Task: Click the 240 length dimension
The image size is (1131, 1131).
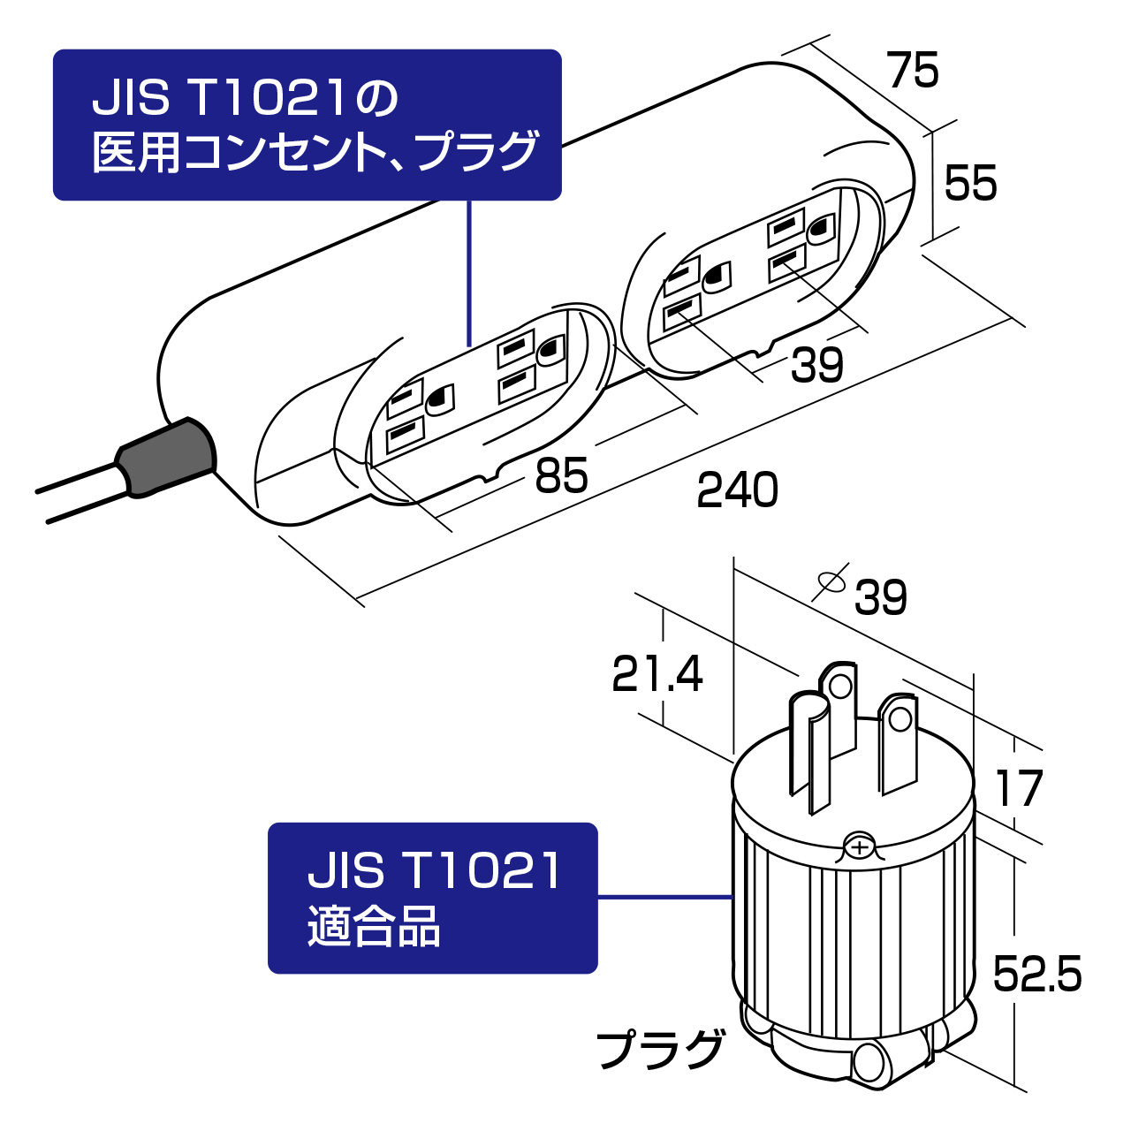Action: click(737, 490)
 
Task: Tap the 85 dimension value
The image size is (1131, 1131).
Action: click(561, 476)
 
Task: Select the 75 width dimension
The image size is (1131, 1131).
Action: click(913, 71)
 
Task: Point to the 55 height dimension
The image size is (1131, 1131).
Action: click(970, 184)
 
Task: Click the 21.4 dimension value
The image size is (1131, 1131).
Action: click(657, 674)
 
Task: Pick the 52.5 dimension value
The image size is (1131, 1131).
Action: click(1036, 975)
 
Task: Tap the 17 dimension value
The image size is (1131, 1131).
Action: click(1019, 789)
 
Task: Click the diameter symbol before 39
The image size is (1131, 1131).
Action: click(831, 581)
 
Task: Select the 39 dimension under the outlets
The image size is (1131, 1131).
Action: click(816, 365)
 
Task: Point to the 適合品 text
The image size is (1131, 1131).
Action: click(374, 927)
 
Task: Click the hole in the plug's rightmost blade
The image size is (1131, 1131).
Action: click(900, 719)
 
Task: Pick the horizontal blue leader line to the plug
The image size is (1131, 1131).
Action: click(664, 897)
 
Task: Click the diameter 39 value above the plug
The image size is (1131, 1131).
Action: click(880, 598)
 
